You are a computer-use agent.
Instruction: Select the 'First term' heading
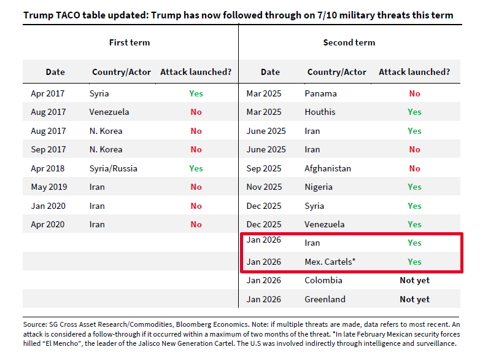pyautogui.click(x=130, y=42)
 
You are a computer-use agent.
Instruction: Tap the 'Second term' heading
pyautogui.click(x=349, y=42)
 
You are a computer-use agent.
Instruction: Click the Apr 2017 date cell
pyautogui.click(x=48, y=93)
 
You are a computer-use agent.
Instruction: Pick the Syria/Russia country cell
pyautogui.click(x=114, y=168)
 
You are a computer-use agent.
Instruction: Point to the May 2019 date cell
pyautogui.click(x=49, y=187)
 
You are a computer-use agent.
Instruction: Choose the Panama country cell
pyautogui.click(x=320, y=93)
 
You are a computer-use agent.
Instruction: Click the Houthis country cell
pyautogui.click(x=320, y=112)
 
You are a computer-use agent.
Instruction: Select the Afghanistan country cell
pyautogui.click(x=328, y=168)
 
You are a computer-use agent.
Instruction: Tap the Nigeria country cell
pyautogui.click(x=319, y=187)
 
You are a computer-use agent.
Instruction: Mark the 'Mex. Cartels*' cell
pyautogui.click(x=330, y=262)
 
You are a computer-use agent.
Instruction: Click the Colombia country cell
pyautogui.click(x=323, y=280)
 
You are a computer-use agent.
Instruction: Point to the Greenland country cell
pyautogui.click(x=325, y=299)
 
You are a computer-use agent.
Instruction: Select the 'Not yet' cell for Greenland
pyautogui.click(x=414, y=299)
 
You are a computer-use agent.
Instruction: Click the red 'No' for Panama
pyautogui.click(x=414, y=93)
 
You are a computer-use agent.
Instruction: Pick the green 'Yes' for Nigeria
pyautogui.click(x=414, y=187)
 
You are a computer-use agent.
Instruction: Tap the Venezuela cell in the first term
pyautogui.click(x=109, y=112)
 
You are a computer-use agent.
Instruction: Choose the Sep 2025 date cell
pyautogui.click(x=264, y=168)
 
